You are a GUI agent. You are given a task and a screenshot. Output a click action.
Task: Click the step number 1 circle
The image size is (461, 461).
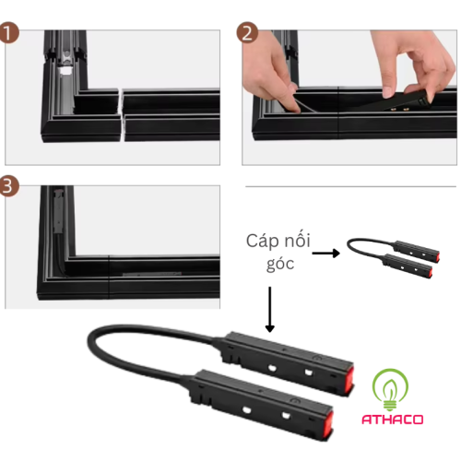pyautogui.click(x=9, y=32)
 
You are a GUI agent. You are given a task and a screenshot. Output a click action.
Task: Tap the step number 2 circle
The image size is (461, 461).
pyautogui.click(x=247, y=32)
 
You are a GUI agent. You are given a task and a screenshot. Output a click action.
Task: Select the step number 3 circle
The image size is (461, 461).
pyautogui.click(x=9, y=186)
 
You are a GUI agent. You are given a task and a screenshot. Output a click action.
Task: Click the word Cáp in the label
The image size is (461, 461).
pyautogui.click(x=262, y=242)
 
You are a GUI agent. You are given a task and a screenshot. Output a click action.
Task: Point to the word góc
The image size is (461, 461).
pyautogui.click(x=280, y=264)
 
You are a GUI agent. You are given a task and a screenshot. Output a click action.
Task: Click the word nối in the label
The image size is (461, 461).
pyautogui.click(x=297, y=240)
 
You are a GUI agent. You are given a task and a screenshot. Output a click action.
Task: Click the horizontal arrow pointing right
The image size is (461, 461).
pyautogui.click(x=326, y=254)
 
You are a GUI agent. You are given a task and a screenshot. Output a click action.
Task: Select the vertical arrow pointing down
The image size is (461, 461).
pyautogui.click(x=269, y=309)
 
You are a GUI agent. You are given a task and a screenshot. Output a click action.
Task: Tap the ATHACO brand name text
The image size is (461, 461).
pyautogui.click(x=393, y=420)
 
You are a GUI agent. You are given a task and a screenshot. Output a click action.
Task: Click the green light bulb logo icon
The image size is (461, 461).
pyautogui.click(x=390, y=390)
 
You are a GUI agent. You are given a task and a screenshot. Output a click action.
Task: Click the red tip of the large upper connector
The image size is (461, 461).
pyautogui.click(x=349, y=379)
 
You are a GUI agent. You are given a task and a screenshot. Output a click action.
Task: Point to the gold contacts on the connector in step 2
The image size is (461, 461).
pyautogui.click(x=398, y=109)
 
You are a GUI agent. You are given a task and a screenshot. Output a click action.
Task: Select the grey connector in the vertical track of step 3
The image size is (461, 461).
pyautogui.click(x=57, y=211)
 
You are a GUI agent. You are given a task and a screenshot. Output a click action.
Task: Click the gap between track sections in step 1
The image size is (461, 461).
pyautogui.click(x=122, y=115)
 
